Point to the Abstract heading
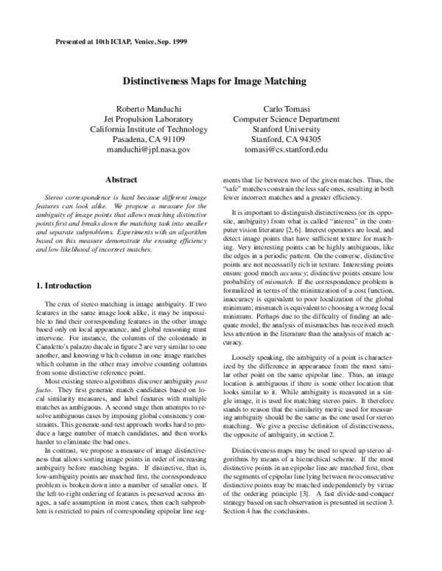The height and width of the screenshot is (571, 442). point(122,179)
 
